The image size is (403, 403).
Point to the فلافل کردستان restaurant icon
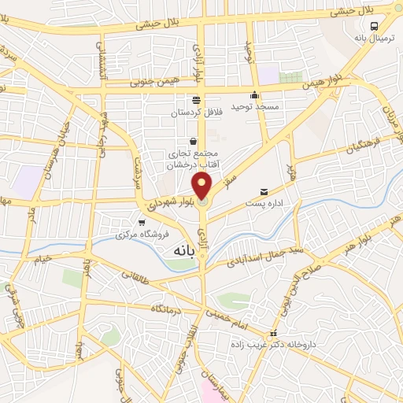click(x=197, y=101)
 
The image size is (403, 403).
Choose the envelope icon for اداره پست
click(x=264, y=192)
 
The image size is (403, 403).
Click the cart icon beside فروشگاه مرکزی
click(x=142, y=224)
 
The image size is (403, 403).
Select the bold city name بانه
click(x=180, y=248)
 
